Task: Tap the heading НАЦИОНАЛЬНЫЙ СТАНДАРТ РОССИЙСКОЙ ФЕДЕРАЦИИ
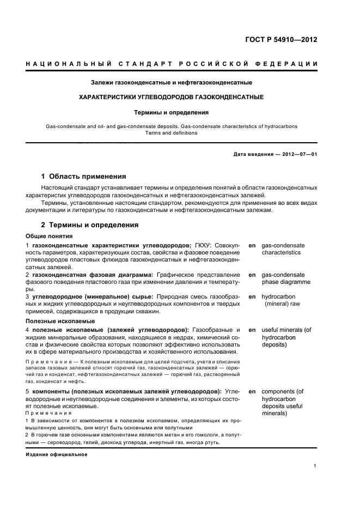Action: point(172,65)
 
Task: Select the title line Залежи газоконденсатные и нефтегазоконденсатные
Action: point(172,83)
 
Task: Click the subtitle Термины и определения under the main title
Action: point(172,112)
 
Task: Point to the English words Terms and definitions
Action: point(172,132)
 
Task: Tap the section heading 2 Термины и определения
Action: point(90,225)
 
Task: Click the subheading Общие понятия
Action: point(50,236)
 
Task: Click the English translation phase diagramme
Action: point(286,282)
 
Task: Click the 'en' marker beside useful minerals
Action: point(252,330)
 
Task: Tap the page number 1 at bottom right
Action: point(315,466)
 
